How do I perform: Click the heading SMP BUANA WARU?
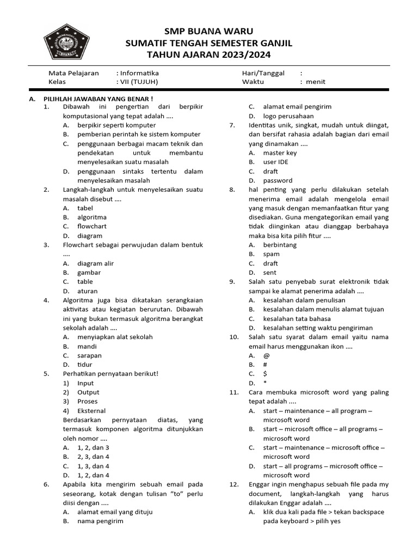tap(208, 31)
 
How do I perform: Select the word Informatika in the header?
tap(139, 73)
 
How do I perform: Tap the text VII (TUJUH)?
tap(139, 82)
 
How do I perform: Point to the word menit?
tap(316, 82)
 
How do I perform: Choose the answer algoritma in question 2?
tap(92, 217)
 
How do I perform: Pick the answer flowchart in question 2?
tap(92, 226)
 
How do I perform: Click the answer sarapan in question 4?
tap(90, 355)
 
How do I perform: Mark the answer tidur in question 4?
tap(86, 365)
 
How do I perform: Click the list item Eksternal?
tap(91, 411)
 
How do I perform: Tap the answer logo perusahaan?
tap(288, 116)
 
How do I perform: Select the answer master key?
tap(280, 153)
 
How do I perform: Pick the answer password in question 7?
tap(278, 180)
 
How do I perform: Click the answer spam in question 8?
tap(271, 254)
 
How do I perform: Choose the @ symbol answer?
tap(266, 355)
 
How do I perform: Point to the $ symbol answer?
tap(266, 374)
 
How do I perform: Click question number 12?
tap(234, 484)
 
